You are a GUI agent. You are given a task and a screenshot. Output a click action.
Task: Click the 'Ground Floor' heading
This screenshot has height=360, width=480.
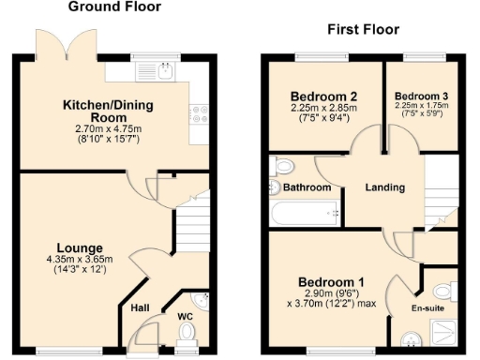(x=115, y=7)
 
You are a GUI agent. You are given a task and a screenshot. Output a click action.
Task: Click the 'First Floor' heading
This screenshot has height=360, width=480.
(x=358, y=30)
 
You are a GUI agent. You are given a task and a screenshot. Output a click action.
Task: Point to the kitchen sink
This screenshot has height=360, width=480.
(x=167, y=70)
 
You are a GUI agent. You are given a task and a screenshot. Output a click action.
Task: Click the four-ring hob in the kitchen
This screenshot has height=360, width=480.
(x=199, y=115)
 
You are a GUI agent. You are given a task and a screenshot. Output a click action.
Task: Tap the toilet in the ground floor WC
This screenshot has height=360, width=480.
(x=187, y=333)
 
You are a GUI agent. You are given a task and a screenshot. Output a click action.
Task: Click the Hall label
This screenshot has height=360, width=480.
(x=140, y=307)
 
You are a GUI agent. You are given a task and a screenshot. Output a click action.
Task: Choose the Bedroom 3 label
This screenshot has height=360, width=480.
(x=420, y=97)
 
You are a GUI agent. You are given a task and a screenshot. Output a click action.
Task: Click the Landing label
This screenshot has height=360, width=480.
(x=385, y=187)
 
